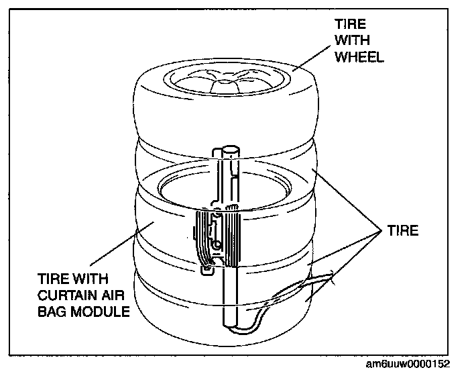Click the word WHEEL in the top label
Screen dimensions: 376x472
pyautogui.click(x=359, y=57)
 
